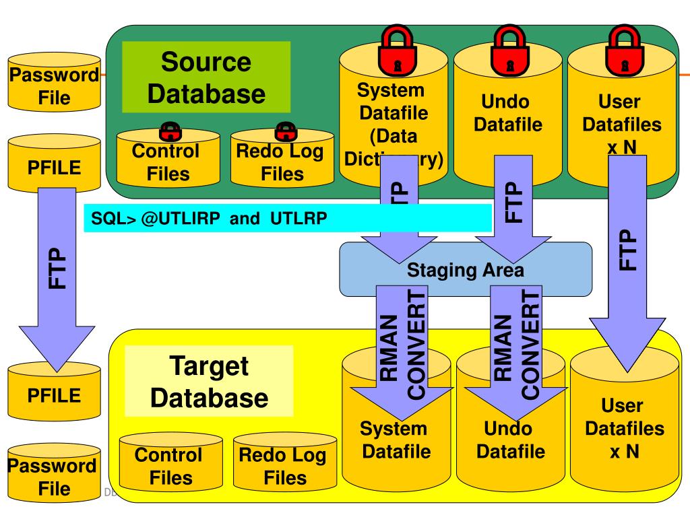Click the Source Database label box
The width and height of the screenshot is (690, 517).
(206, 77)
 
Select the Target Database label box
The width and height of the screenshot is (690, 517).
(209, 381)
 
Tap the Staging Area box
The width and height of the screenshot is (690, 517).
(465, 270)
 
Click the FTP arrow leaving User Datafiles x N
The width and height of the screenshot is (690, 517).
(625, 269)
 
